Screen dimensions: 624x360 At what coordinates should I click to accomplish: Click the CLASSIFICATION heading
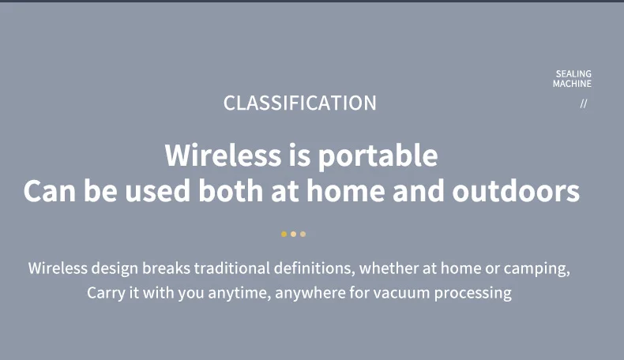point(299,103)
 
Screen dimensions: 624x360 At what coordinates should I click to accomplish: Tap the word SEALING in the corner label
point(573,73)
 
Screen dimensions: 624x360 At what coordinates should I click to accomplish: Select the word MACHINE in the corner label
point(572,84)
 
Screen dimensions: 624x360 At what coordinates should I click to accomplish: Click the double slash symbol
point(584,103)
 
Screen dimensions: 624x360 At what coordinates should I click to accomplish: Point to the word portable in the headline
point(378,156)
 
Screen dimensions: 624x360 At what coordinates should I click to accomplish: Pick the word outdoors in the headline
point(516,191)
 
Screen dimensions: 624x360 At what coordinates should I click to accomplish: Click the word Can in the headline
point(49,191)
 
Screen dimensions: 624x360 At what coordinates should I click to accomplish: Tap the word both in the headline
point(231,191)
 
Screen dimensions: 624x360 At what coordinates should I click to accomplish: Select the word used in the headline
point(158,191)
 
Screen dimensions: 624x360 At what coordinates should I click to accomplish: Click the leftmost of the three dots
point(284,234)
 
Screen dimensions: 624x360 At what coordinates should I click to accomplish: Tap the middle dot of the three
point(293,234)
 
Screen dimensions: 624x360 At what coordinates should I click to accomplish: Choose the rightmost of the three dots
point(303,234)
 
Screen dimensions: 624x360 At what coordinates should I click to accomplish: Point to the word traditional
point(232,268)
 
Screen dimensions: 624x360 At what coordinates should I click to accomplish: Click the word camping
point(537,269)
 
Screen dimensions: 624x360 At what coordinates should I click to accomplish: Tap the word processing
point(473,294)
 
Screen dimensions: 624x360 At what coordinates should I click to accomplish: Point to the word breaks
point(167,268)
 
